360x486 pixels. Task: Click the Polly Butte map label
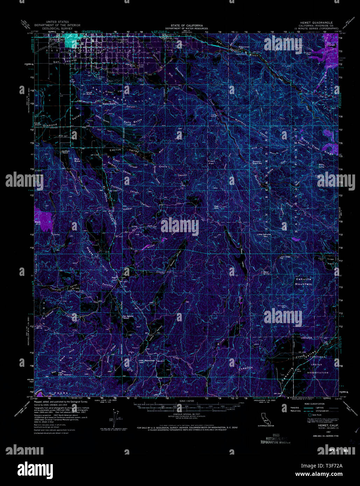point(132,122)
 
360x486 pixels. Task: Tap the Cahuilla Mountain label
point(304,281)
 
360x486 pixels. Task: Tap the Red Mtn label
point(216,207)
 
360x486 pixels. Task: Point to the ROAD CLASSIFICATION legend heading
point(307,404)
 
